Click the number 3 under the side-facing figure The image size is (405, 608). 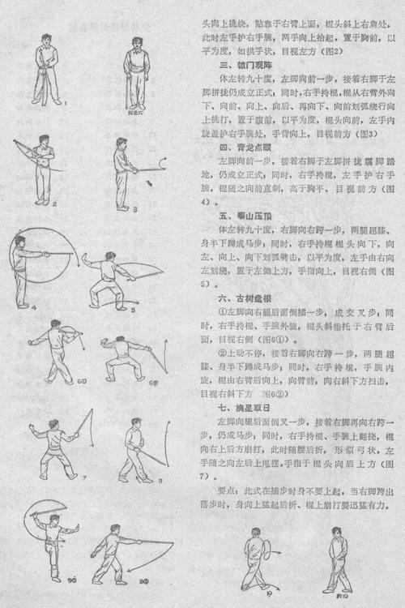click(x=136, y=208)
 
